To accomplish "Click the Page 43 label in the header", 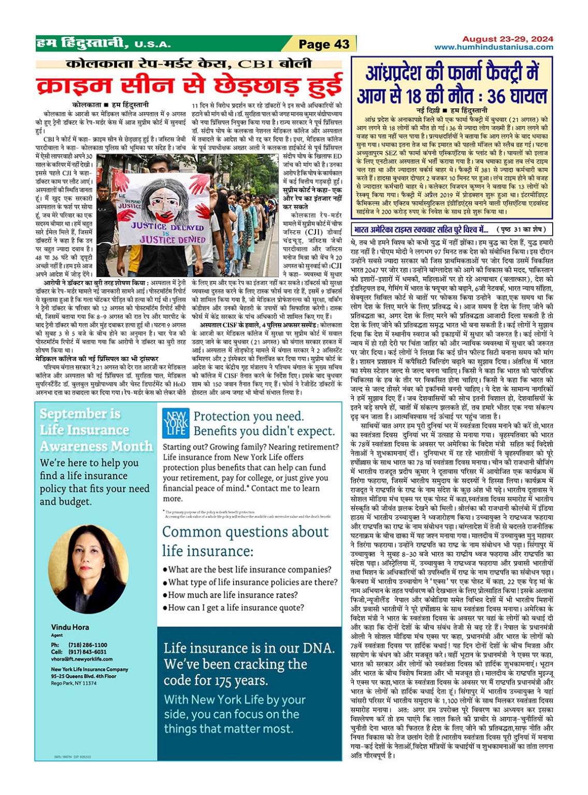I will (x=324, y=44).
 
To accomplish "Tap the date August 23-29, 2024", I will (x=507, y=39).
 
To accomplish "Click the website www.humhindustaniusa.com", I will (x=493, y=47).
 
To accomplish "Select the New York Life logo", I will (x=176, y=423).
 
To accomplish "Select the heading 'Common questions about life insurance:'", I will (x=245, y=541).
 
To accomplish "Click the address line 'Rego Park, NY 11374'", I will (x=74, y=684).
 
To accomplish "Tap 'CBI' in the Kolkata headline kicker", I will (x=256, y=64).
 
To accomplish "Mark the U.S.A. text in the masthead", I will (x=152, y=45).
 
